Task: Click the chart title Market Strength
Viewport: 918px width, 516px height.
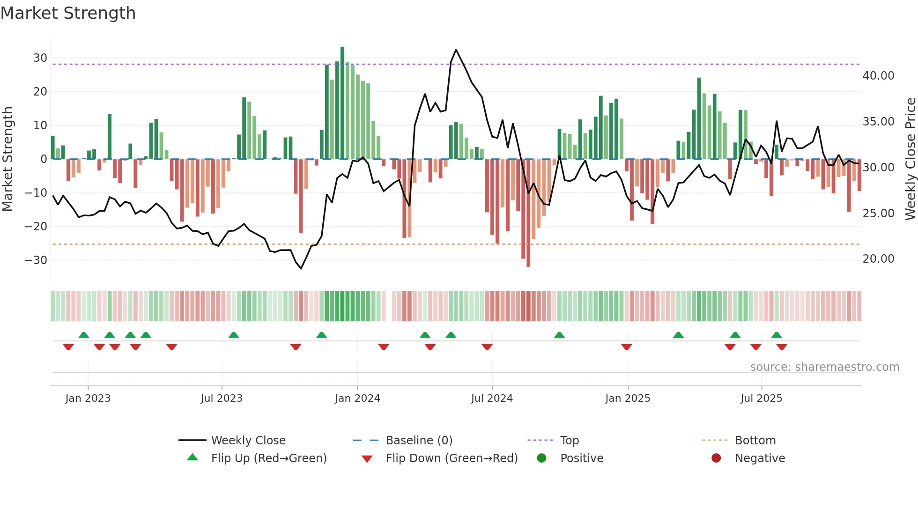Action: pyautogui.click(x=68, y=13)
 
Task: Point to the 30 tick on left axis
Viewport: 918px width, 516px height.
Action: pyautogui.click(x=40, y=58)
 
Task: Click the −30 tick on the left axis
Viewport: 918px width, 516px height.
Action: pyautogui.click(x=37, y=260)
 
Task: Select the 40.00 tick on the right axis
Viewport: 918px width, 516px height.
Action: pyautogui.click(x=878, y=76)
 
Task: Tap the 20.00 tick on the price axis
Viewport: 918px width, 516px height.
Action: pyautogui.click(x=878, y=259)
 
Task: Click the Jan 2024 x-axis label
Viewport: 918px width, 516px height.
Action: pyautogui.click(x=357, y=398)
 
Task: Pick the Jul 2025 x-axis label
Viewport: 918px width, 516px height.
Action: pyautogui.click(x=761, y=398)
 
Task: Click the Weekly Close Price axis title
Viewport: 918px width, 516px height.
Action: pyautogui.click(x=910, y=159)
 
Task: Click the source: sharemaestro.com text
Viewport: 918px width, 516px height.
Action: pyautogui.click(x=824, y=367)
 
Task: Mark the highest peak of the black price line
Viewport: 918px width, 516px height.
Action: pyautogui.click(x=456, y=50)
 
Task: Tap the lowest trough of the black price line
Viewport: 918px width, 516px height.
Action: pyautogui.click(x=301, y=268)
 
